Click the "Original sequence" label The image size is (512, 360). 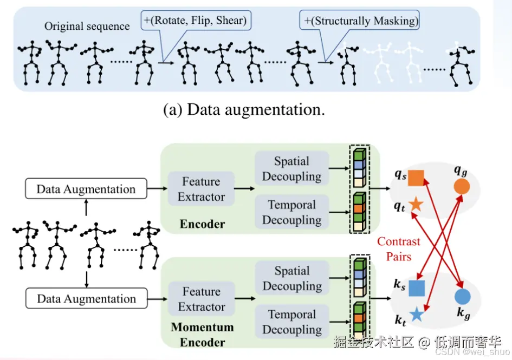[x=87, y=26]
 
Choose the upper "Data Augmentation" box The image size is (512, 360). [x=86, y=189]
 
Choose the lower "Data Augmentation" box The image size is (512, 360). [x=86, y=299]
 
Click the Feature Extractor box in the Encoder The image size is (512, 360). [x=201, y=189]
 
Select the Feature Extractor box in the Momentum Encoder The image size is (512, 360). [x=201, y=299]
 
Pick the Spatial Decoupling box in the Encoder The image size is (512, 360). [x=291, y=169]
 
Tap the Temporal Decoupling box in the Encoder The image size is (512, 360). [x=291, y=212]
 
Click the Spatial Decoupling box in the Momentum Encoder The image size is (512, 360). [x=291, y=278]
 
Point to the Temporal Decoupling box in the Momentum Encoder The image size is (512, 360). [x=291, y=322]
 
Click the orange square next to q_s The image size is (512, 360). [x=416, y=177]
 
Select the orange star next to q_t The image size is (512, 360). [x=416, y=204]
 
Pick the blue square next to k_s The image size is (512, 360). [x=416, y=288]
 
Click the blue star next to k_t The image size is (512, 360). [x=416, y=315]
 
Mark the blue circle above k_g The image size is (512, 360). [x=462, y=297]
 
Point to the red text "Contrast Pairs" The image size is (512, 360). [x=399, y=249]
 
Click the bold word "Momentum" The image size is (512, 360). [x=202, y=328]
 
